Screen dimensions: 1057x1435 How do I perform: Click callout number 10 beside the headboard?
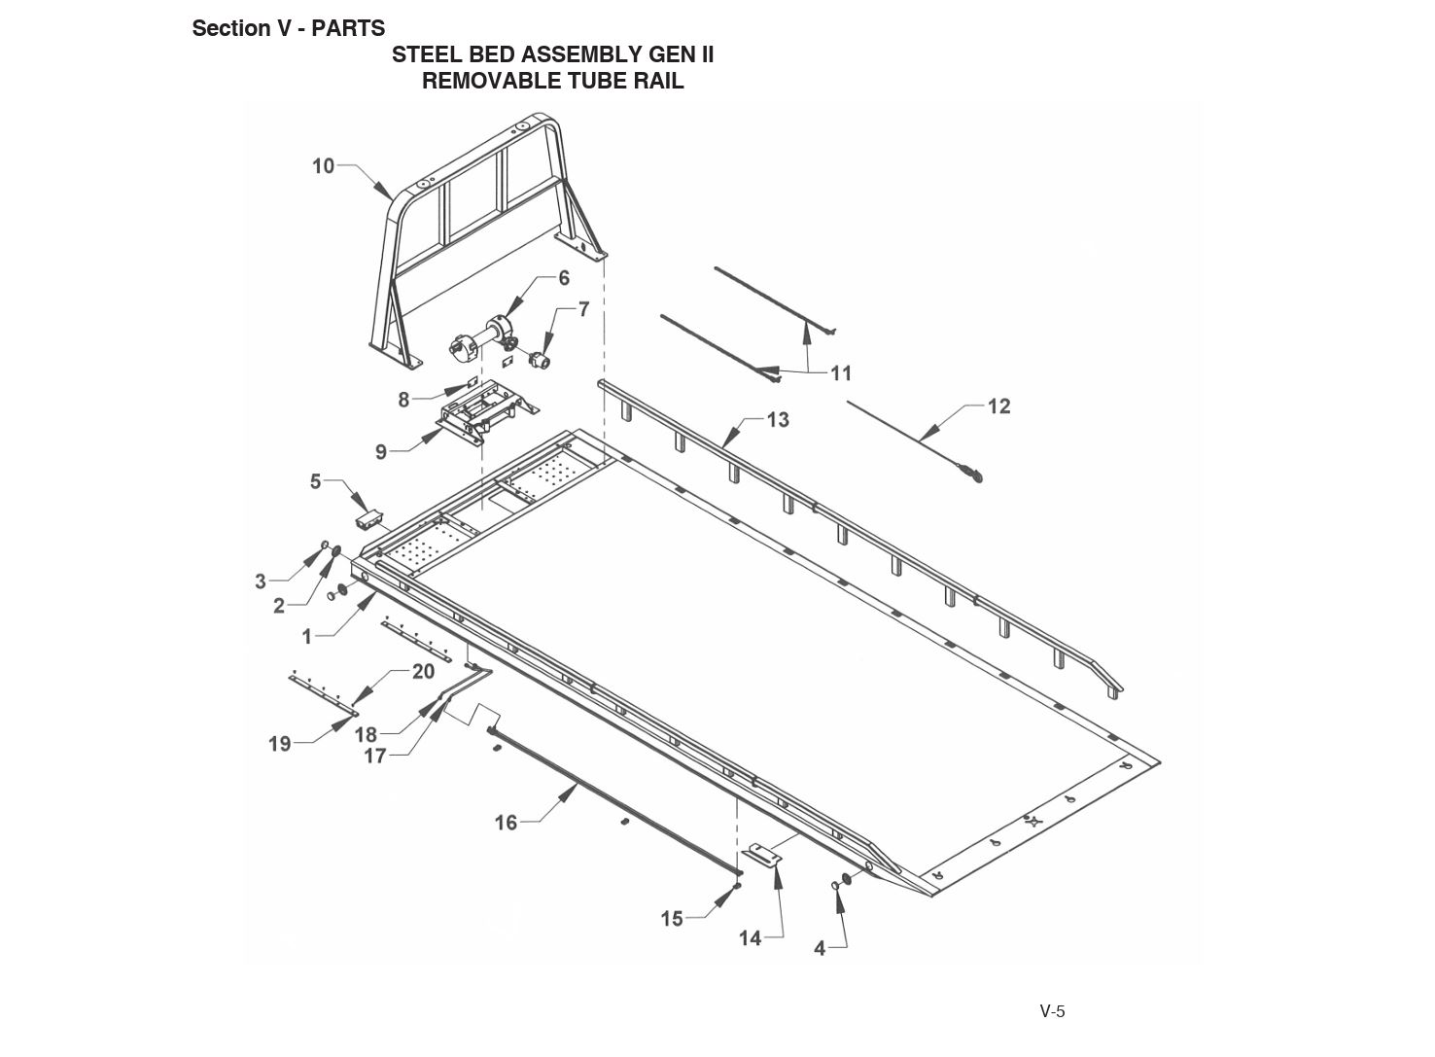tap(323, 166)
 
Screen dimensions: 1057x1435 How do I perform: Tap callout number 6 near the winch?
tap(564, 278)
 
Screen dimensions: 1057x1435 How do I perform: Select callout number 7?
tap(583, 309)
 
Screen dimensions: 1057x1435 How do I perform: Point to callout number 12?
tap(998, 406)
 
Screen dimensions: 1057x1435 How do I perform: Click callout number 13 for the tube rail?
tap(778, 420)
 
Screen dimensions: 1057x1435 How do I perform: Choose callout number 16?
tap(506, 823)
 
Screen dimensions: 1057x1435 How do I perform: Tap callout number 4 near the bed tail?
tap(820, 948)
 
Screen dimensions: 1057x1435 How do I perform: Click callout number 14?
tap(750, 938)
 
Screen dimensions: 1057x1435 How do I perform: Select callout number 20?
tap(423, 672)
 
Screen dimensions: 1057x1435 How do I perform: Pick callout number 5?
tap(315, 481)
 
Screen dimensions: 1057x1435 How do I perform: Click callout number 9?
tap(381, 451)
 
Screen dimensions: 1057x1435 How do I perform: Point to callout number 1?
tap(307, 637)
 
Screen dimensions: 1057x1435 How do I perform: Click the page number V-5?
tap(1052, 1011)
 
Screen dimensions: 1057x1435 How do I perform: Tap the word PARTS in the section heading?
tap(348, 28)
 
